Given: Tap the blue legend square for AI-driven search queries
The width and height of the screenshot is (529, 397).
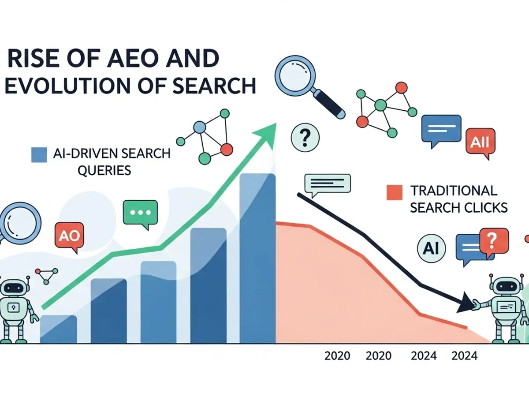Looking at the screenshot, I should [x=39, y=154].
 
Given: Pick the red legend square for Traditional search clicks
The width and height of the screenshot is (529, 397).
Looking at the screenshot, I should [x=394, y=193].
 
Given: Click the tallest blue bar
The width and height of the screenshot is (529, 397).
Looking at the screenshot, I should [x=257, y=265].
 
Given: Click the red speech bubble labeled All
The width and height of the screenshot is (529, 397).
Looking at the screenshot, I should [x=480, y=142].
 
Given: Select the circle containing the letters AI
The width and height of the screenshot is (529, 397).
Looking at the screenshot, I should [x=431, y=249].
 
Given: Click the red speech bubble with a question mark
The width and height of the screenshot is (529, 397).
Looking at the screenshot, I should [x=491, y=241].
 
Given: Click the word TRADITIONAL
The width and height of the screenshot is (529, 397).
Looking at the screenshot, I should [x=454, y=191].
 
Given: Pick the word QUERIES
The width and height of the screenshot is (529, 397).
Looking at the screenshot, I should [x=104, y=170].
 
